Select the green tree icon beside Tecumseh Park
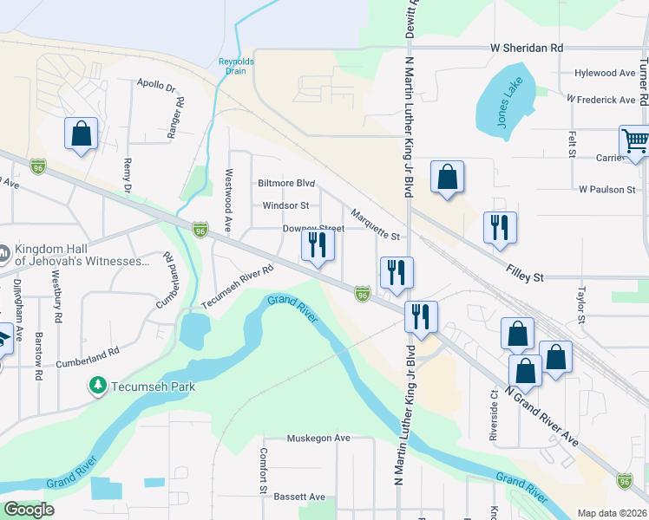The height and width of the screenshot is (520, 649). click(x=98, y=384)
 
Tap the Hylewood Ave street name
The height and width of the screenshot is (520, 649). click(x=604, y=74)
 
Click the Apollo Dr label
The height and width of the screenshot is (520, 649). click(x=156, y=87)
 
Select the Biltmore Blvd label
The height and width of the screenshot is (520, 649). click(x=285, y=184)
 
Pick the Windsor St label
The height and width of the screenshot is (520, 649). click(x=285, y=206)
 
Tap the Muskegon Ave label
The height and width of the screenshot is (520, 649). click(x=318, y=439)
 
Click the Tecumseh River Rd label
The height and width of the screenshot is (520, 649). click(x=238, y=287)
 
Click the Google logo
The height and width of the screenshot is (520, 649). click(x=29, y=510)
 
